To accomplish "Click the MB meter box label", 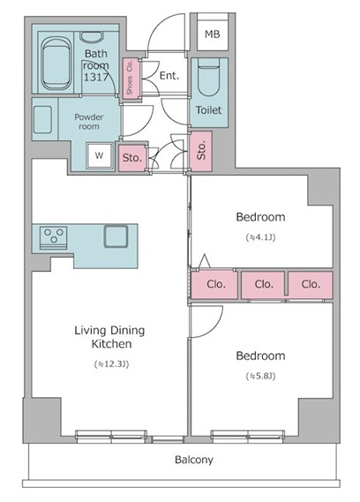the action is pos(213,34).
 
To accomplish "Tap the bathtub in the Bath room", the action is pos(56,64).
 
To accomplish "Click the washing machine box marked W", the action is pos(100,155).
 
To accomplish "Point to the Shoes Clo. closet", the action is pos(131,79).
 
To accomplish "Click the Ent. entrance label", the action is pos(169,76).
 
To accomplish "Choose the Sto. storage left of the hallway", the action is pos(132,158).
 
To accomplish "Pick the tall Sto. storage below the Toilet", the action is pos(201,151).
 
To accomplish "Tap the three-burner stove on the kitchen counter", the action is pos(54,237).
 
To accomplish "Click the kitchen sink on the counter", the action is pos(116,236).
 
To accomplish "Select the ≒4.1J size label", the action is pos(260,237).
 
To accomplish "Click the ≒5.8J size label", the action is pos(260,376).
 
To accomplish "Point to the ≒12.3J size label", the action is pos(112,364).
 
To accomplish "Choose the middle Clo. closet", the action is pos(263,285).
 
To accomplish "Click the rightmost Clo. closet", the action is pos(311,285).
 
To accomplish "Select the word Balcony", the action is pos(194,460).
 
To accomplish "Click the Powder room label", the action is pos(89,122).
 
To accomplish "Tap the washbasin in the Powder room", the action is pos(42,119).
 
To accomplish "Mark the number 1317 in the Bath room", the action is pos(96,77).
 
